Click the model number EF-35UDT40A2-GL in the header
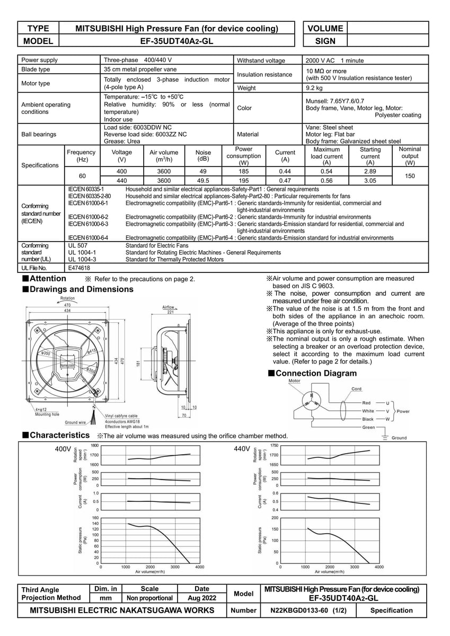click(x=175, y=41)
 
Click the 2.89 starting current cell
click(x=370, y=172)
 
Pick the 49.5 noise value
click(x=203, y=180)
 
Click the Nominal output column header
click(x=410, y=156)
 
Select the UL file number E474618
click(x=80, y=269)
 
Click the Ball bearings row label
click(x=39, y=135)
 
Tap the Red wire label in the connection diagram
click(x=367, y=403)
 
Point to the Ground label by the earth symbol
click(x=399, y=438)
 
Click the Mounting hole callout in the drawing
click(x=47, y=414)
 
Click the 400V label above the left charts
click(x=63, y=449)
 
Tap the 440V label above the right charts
click(x=242, y=449)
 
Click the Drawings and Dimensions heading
click(x=82, y=289)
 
